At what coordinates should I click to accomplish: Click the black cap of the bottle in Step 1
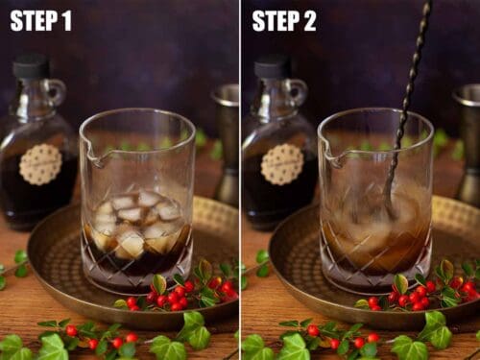[32, 66]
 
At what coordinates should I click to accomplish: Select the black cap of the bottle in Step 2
[272, 66]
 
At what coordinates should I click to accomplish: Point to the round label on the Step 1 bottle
[40, 164]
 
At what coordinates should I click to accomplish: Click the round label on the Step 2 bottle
[281, 164]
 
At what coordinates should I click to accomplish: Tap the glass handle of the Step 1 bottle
[57, 94]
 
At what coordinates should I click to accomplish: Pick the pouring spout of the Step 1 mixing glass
[90, 155]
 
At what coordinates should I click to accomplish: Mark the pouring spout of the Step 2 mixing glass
[329, 155]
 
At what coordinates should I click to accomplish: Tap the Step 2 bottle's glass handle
[297, 94]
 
